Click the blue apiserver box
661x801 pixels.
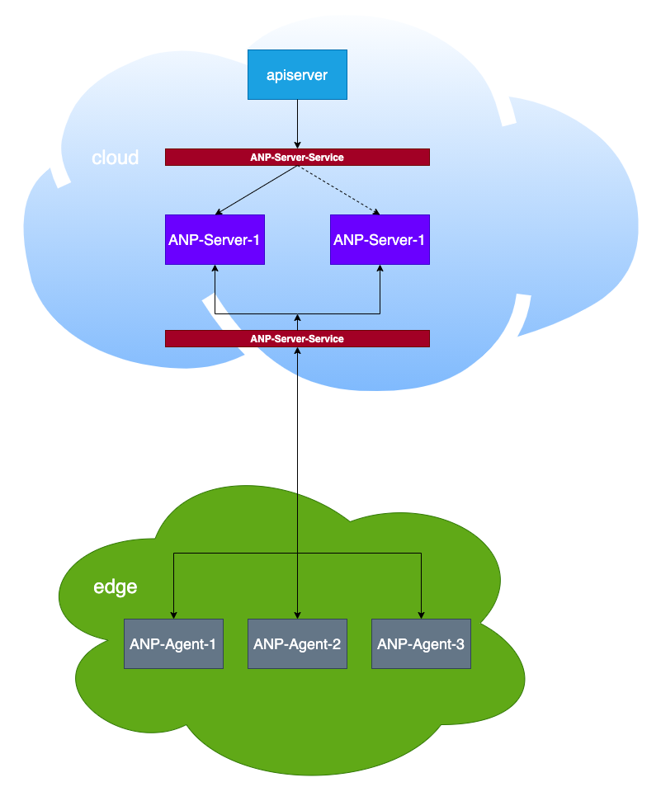[297, 74]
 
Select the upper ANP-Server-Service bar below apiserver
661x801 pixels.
[297, 158]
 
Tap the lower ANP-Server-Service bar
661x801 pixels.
[297, 339]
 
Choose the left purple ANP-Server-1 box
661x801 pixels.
[215, 239]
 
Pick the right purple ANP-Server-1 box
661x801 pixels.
[380, 239]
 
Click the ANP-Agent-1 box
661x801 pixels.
[173, 643]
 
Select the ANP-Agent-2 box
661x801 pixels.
[297, 643]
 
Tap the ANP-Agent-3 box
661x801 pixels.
[421, 643]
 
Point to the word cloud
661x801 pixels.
[115, 158]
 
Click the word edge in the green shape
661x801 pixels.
[115, 587]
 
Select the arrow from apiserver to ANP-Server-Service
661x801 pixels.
[297, 124]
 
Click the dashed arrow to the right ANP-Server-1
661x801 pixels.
[338, 190]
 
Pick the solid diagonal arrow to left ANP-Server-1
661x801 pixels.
[256, 190]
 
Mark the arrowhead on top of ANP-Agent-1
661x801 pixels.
[173, 615]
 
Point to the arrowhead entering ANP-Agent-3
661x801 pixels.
[421, 615]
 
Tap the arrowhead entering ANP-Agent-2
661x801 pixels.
[297, 615]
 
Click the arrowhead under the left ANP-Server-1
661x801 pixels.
[215, 268]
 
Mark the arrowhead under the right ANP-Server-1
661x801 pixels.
[380, 268]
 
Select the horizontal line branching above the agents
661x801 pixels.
[297, 554]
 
